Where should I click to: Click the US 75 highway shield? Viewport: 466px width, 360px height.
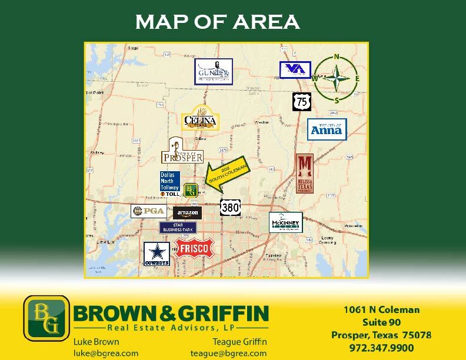point(302,101)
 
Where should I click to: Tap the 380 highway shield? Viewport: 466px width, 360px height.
point(230,207)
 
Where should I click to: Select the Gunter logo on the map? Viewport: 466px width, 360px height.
point(214,72)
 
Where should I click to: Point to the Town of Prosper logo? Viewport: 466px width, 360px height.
point(182,151)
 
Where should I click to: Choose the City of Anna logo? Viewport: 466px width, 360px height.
point(327,129)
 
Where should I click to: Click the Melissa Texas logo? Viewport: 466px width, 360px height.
point(304,174)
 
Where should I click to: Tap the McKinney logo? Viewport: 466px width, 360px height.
point(286,222)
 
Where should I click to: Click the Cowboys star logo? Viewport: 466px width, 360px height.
point(157,254)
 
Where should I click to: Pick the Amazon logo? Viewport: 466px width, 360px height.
point(188,213)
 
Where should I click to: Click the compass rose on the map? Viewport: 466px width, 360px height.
point(336,78)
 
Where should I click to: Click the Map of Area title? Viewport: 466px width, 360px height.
point(217,22)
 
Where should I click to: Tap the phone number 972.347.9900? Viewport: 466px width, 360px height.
point(381,348)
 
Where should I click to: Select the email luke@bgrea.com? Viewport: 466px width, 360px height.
point(106,353)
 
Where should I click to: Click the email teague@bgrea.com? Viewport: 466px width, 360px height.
point(228,353)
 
